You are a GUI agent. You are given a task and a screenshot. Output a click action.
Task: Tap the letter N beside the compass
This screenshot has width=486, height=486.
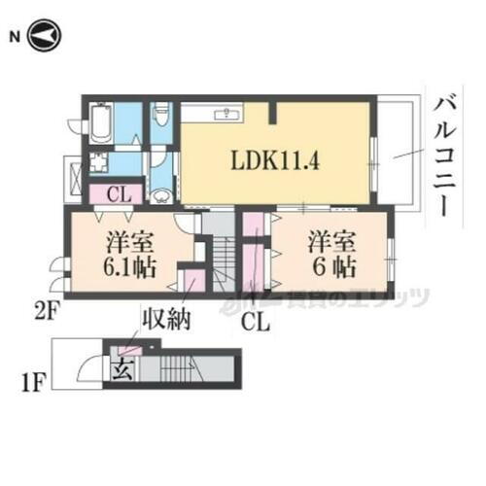point(15,37)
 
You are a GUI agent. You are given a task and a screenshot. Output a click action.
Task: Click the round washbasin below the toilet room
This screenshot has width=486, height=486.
point(162,194)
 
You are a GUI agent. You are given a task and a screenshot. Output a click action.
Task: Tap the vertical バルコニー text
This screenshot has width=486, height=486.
point(448,156)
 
